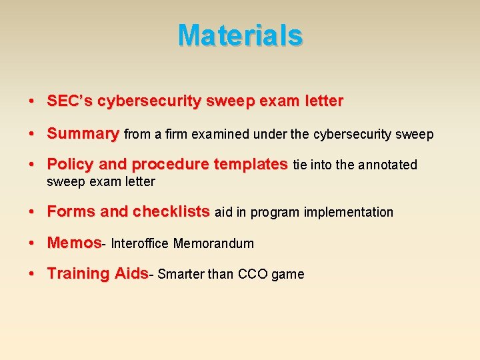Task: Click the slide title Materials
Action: (x=240, y=35)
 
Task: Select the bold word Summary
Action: (x=83, y=133)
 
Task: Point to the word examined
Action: (x=217, y=134)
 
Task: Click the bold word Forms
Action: (x=71, y=212)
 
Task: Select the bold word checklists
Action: (x=171, y=212)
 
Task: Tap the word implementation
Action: (x=349, y=212)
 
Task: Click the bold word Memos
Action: (x=73, y=243)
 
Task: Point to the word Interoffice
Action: (x=140, y=243)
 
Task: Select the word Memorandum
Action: (x=213, y=243)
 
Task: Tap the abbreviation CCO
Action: (x=253, y=274)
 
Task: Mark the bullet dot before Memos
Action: (x=32, y=243)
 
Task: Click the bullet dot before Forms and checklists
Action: (x=32, y=213)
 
